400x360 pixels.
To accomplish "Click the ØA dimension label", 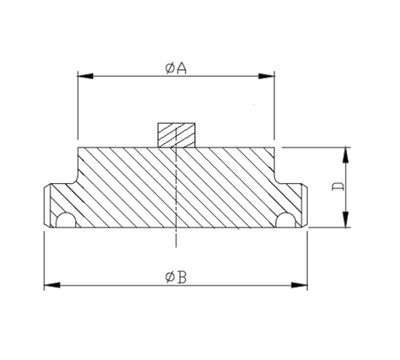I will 176,68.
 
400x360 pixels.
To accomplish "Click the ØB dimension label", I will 176,277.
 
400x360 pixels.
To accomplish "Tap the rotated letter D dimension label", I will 338,187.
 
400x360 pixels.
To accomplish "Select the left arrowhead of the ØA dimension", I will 82,77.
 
